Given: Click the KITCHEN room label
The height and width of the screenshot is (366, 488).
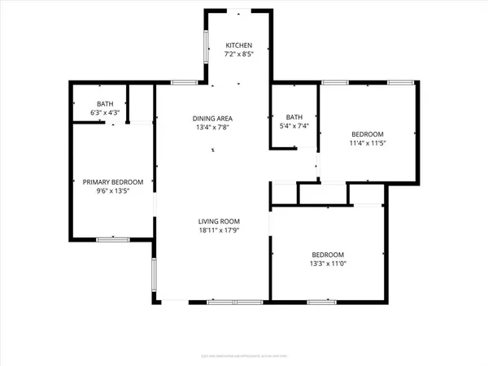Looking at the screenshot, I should point(239,45).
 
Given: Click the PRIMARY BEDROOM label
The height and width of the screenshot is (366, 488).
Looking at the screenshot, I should point(113,182).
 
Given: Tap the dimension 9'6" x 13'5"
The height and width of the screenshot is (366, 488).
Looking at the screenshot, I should point(113,192).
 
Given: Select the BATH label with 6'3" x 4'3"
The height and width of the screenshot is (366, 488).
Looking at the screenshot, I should point(105,103).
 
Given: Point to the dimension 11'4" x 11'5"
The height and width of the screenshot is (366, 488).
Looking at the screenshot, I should point(368,143).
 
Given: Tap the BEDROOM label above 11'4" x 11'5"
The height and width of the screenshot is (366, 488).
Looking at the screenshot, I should point(368,133).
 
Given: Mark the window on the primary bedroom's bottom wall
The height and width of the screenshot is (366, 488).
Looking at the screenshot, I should point(113,239).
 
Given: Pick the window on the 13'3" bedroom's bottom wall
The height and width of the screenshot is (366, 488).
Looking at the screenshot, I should point(321,303).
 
